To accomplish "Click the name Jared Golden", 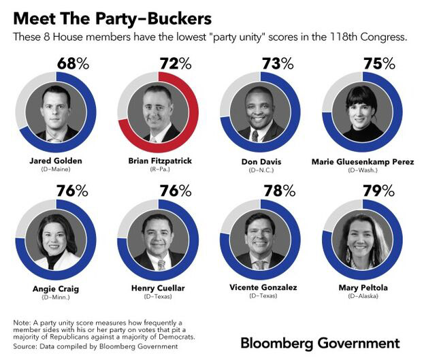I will coord(56,161).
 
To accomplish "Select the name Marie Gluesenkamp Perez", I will coord(361,161).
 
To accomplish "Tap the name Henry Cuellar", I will coord(158,288).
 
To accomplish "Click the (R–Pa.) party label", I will coord(157,170).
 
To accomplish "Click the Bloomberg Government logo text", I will coord(320,342).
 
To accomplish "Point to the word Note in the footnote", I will coord(22,322).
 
